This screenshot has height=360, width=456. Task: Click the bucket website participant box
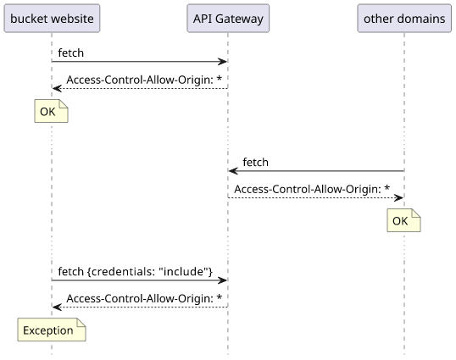coord(52,19)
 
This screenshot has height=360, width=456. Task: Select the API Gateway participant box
coord(228,19)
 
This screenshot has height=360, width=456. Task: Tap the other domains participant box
coord(404,19)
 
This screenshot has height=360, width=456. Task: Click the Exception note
coord(52,330)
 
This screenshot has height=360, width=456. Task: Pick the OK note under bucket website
coord(51,111)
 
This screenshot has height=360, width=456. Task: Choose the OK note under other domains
coord(403,220)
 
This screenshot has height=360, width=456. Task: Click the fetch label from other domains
coord(255,162)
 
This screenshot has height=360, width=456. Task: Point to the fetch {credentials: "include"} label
coord(136,271)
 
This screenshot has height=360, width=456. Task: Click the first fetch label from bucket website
coord(70,53)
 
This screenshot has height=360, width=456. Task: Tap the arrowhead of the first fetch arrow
coord(222,62)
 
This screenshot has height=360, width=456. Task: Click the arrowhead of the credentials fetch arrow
coord(222,280)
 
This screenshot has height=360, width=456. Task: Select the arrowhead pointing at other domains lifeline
coord(398,198)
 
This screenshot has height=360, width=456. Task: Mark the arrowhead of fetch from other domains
coord(233,171)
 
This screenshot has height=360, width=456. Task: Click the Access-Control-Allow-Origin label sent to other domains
coord(312,189)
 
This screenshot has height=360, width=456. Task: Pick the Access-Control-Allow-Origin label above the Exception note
coord(144,298)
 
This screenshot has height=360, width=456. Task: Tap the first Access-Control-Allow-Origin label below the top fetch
coord(144,80)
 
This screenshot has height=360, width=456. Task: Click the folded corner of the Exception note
coord(81,322)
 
